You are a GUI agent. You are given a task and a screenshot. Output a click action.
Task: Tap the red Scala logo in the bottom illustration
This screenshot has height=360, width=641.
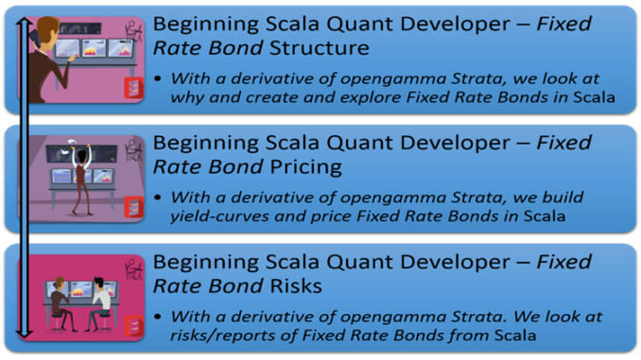click(x=133, y=327)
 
